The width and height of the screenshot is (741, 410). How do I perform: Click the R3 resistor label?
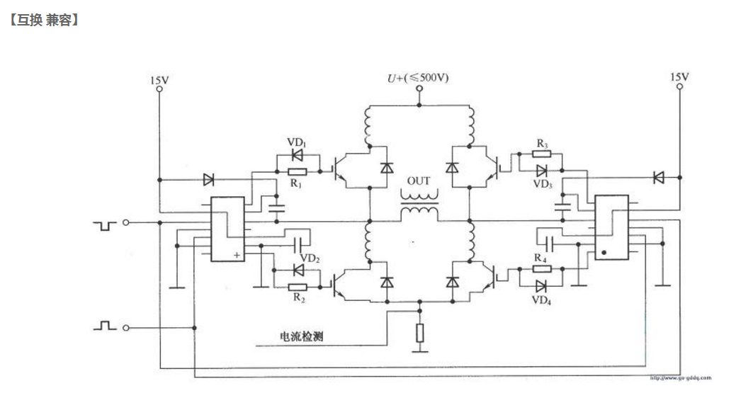pos(542,144)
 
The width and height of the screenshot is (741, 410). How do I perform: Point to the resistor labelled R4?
pos(542,269)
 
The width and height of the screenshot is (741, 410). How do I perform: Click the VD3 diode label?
pos(543,184)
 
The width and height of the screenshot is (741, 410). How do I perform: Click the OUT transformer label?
pos(419,181)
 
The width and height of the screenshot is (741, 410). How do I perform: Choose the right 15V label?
pos(679,76)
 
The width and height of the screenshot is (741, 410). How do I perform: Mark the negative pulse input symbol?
pos(105,225)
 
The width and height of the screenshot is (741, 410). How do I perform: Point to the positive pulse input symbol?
pos(105,326)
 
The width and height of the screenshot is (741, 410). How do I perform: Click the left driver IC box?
pos(227,228)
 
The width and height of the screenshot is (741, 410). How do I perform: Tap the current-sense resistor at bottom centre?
pos(419,333)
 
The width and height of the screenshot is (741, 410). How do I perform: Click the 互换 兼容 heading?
pos(44,21)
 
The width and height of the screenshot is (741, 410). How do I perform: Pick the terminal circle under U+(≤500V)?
pos(419,89)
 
